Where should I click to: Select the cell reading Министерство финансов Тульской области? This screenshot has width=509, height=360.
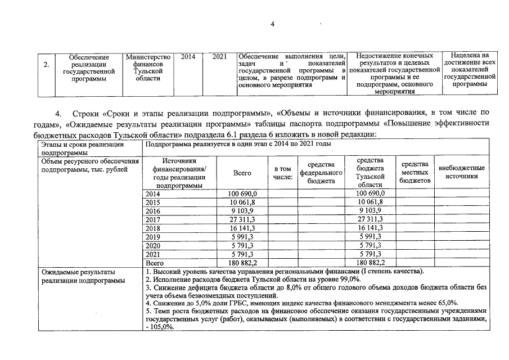click(x=148, y=67)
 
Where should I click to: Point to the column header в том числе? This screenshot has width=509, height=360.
click(x=283, y=173)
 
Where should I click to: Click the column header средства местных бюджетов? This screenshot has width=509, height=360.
click(x=415, y=173)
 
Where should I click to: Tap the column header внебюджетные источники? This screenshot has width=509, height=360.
click(x=461, y=172)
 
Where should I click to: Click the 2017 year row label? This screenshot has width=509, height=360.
click(x=153, y=219)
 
